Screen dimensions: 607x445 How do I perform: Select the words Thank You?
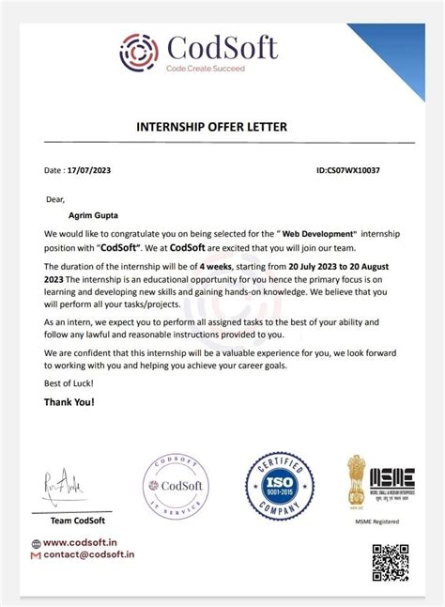pyautogui.click(x=69, y=401)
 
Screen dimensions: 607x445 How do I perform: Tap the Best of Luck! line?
pyautogui.click(x=69, y=383)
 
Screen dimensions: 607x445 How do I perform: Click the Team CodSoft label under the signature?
pyautogui.click(x=78, y=520)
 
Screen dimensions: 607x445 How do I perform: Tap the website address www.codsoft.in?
pyautogui.click(x=80, y=542)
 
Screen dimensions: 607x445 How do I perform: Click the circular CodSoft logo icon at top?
pyautogui.click(x=139, y=53)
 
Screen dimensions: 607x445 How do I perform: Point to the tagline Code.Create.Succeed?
pyautogui.click(x=205, y=69)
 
